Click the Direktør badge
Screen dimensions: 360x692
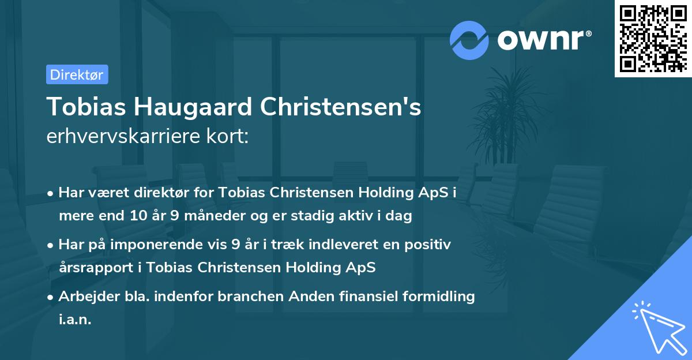pyautogui.click(x=77, y=74)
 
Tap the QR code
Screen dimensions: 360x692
pyautogui.click(x=653, y=39)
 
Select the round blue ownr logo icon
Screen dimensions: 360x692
pyautogui.click(x=469, y=40)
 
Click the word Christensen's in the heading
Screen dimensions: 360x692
pyautogui.click(x=341, y=107)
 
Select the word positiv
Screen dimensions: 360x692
pyautogui.click(x=428, y=245)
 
